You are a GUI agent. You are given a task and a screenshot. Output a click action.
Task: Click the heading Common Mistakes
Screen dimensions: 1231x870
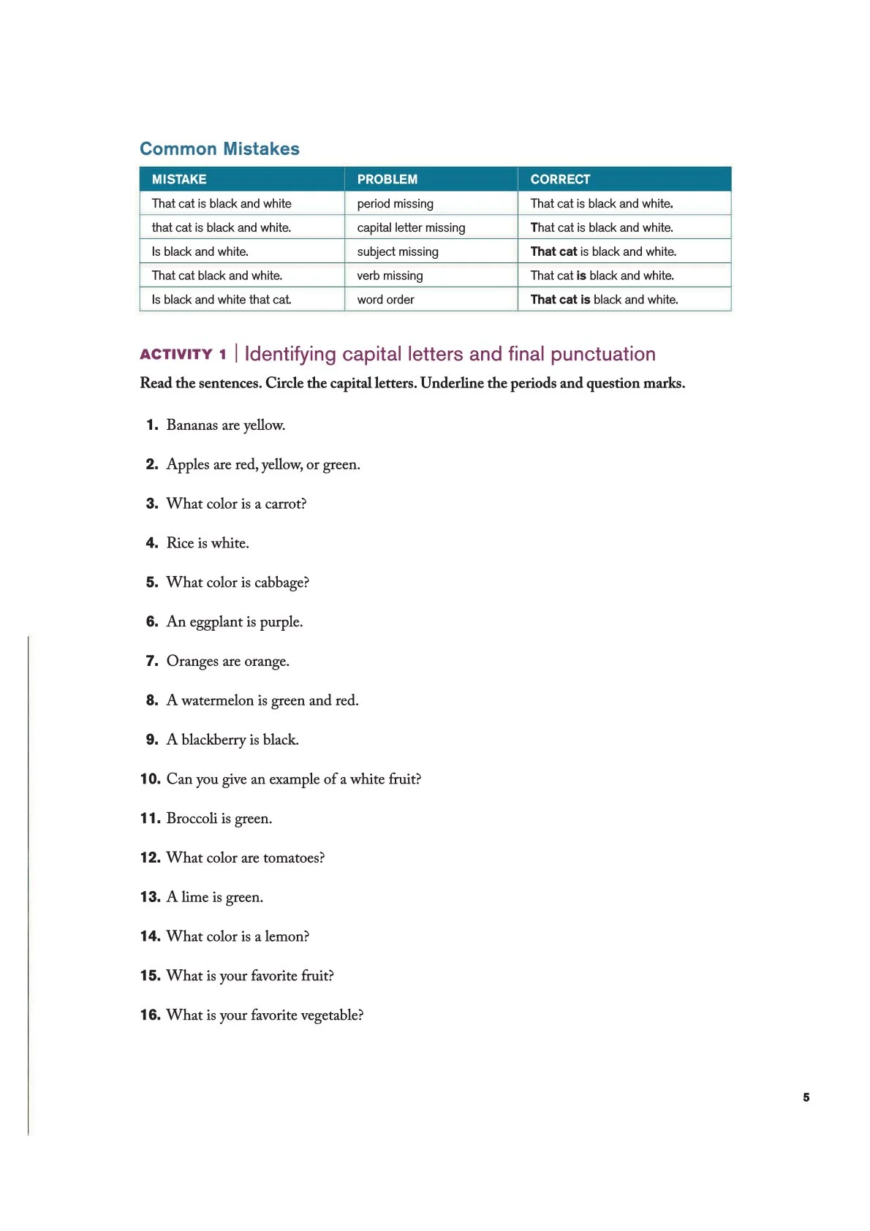coord(219,149)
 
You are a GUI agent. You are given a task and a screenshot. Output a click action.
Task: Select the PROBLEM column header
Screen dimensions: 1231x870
coord(387,179)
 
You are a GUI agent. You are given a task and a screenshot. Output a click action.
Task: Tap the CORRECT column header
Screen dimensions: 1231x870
coord(560,179)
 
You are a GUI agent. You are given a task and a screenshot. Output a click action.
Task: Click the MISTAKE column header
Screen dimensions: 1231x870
coord(179,179)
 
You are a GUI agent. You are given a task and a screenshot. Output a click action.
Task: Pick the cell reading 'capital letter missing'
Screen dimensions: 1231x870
coord(411,227)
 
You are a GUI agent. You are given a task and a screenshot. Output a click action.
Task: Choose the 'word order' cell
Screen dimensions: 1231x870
coord(385,300)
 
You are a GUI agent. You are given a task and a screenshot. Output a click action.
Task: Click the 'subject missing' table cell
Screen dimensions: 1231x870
coord(398,251)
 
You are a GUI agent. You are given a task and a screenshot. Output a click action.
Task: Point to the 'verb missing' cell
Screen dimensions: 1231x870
coord(390,276)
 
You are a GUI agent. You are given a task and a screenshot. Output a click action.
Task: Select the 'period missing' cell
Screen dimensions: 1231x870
coord(395,203)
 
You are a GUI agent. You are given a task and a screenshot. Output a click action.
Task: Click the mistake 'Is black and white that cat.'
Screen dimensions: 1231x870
coord(222,300)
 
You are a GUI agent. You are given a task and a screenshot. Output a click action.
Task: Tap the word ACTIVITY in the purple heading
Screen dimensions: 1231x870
coord(176,355)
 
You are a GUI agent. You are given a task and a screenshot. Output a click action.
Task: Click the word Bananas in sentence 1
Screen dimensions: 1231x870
coord(192,425)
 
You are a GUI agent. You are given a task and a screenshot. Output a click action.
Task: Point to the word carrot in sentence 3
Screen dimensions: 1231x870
coord(285,504)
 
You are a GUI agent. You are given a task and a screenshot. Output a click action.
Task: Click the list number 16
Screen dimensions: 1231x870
coord(150,1015)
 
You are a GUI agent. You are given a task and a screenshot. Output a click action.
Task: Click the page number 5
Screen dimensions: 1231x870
coord(806,1097)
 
